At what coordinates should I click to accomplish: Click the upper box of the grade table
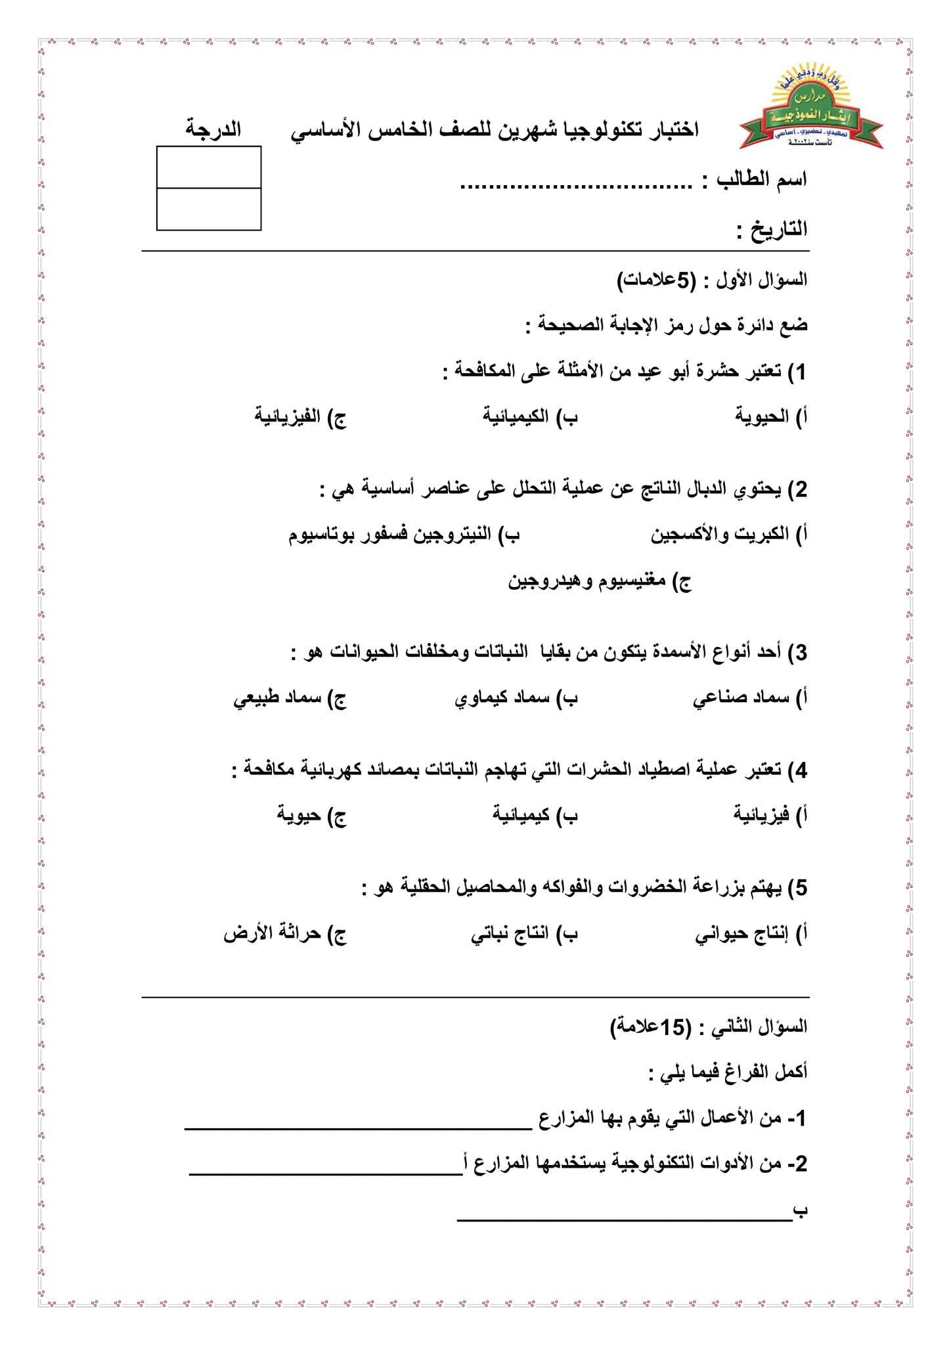pos(209,167)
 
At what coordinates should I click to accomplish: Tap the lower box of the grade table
pos(209,209)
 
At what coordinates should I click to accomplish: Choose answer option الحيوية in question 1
pos(762,416)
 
